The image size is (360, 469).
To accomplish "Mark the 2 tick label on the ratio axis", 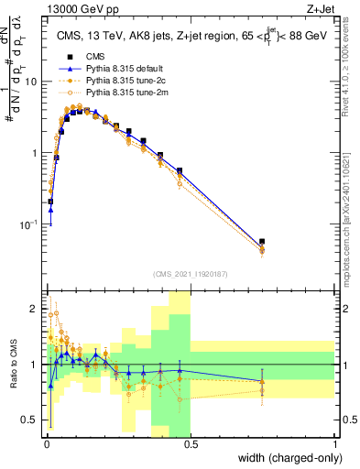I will point(36,307).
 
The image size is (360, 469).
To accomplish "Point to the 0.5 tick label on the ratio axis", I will point(31,421).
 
